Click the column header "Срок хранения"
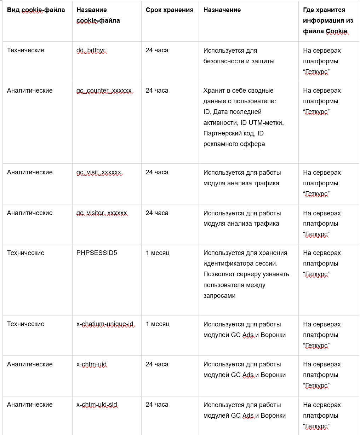click(x=170, y=10)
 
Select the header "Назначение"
click(x=222, y=10)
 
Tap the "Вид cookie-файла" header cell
click(x=36, y=10)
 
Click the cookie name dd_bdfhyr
click(x=91, y=51)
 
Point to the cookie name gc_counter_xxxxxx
click(x=104, y=91)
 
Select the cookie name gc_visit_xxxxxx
click(x=99, y=173)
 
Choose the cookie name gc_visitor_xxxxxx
click(x=102, y=213)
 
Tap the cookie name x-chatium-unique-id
click(x=105, y=324)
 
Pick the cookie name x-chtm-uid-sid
click(x=97, y=405)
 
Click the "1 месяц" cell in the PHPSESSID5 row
click(x=158, y=253)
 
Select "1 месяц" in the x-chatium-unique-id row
click(x=158, y=324)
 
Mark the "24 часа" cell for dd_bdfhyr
click(x=157, y=51)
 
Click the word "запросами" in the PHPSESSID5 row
click(x=219, y=296)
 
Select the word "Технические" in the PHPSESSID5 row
click(x=25, y=253)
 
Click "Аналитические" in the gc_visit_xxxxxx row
click(x=30, y=173)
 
